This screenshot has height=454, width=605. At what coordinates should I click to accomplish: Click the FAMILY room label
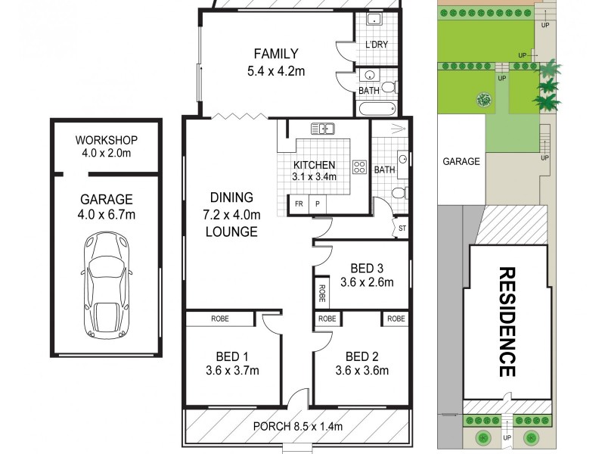[x=276, y=54]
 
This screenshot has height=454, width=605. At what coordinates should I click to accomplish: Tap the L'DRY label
[x=376, y=45]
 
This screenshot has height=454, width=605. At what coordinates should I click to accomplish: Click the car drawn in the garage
[x=107, y=285]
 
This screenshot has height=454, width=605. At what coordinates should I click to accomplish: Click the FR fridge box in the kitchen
[x=299, y=204]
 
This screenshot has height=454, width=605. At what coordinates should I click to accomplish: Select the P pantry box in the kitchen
[x=318, y=204]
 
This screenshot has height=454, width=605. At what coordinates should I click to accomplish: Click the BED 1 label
[x=232, y=356]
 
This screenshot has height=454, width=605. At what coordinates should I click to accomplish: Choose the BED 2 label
[x=361, y=356]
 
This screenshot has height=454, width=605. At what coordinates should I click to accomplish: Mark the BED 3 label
[x=367, y=269]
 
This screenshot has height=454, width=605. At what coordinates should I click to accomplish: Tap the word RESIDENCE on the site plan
[x=507, y=322]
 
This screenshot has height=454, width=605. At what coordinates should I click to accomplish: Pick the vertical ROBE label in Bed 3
[x=322, y=293]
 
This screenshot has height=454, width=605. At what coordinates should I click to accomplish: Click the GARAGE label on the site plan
[x=461, y=161]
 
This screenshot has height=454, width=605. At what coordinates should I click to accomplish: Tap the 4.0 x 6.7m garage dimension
[x=107, y=216]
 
